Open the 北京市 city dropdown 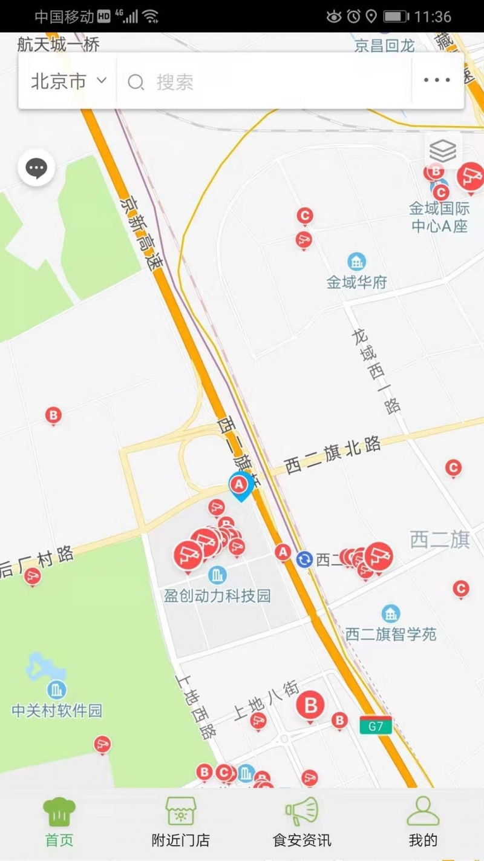(x=68, y=81)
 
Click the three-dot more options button (x=437, y=81)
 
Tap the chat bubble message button (x=36, y=168)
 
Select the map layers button (x=443, y=150)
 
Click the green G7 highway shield (x=375, y=726)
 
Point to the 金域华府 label (x=357, y=282)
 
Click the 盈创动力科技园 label (x=217, y=596)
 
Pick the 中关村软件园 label (x=57, y=710)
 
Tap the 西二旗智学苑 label (x=391, y=634)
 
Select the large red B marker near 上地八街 (x=310, y=705)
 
